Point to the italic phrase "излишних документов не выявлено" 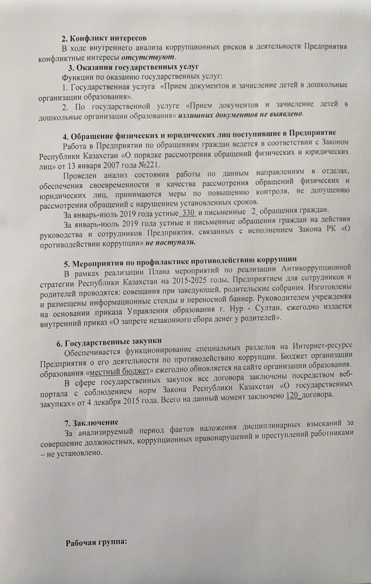(x=241, y=115)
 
